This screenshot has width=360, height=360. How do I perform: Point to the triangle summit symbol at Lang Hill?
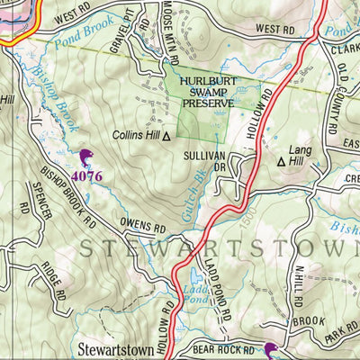pyautogui.click(x=282, y=163)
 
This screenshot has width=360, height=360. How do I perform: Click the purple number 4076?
pyautogui.click(x=85, y=176)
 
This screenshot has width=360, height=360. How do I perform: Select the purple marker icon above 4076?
pyautogui.click(x=86, y=159)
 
